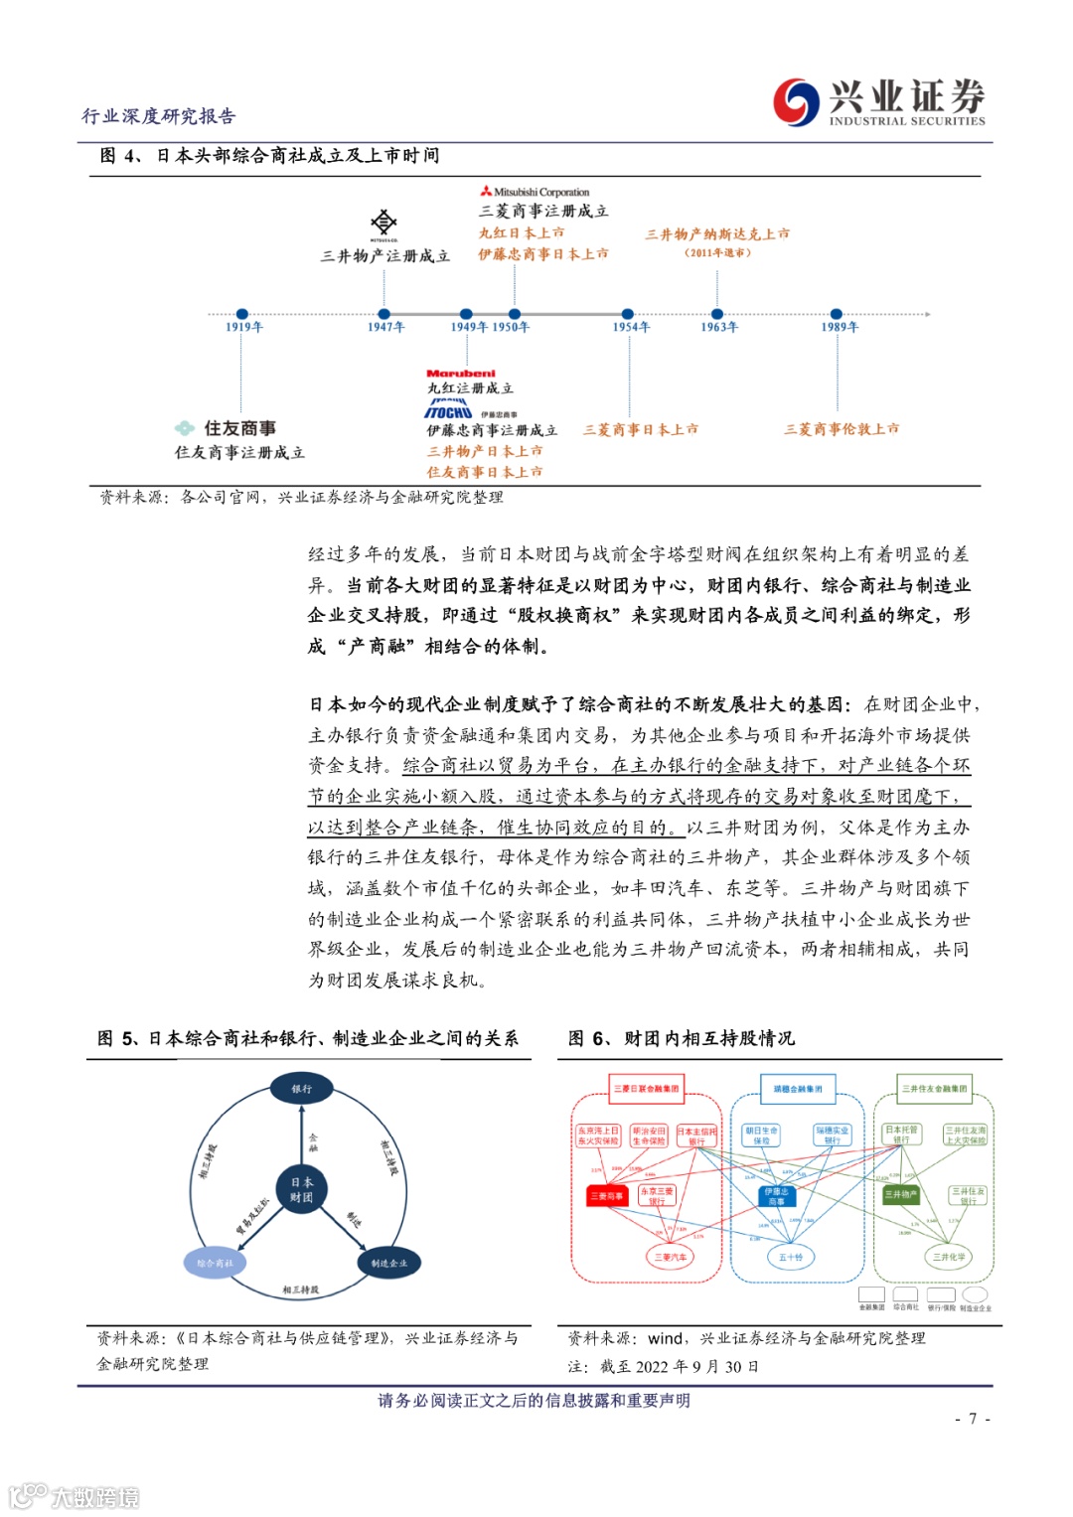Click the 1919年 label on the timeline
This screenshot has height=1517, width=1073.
pyautogui.click(x=243, y=327)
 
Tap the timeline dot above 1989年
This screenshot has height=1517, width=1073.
pyautogui.click(x=837, y=314)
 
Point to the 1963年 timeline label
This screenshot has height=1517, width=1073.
pyautogui.click(x=719, y=327)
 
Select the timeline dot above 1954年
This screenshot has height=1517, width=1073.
pyautogui.click(x=627, y=314)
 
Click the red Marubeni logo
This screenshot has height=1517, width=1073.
pyautogui.click(x=461, y=374)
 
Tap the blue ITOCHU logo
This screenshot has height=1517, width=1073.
pyautogui.click(x=449, y=410)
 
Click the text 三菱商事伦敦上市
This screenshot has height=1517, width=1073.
pyautogui.click(x=842, y=429)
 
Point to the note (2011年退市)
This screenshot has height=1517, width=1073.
pyautogui.click(x=717, y=252)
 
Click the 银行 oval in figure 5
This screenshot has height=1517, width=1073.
pyautogui.click(x=301, y=1089)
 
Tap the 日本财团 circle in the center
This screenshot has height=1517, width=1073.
pyautogui.click(x=301, y=1189)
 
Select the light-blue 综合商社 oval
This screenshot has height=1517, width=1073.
pyautogui.click(x=215, y=1263)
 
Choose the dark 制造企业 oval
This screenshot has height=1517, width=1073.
pyautogui.click(x=388, y=1263)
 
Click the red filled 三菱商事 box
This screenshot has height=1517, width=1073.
pyautogui.click(x=606, y=1196)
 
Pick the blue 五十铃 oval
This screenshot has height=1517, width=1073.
pyautogui.click(x=791, y=1257)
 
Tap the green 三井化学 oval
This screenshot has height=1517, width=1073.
pyautogui.click(x=949, y=1257)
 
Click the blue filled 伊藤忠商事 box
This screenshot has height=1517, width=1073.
pyautogui.click(x=777, y=1196)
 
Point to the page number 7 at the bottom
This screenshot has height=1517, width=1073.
pyautogui.click(x=973, y=1419)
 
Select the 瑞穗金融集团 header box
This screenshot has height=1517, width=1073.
pyautogui.click(x=798, y=1089)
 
